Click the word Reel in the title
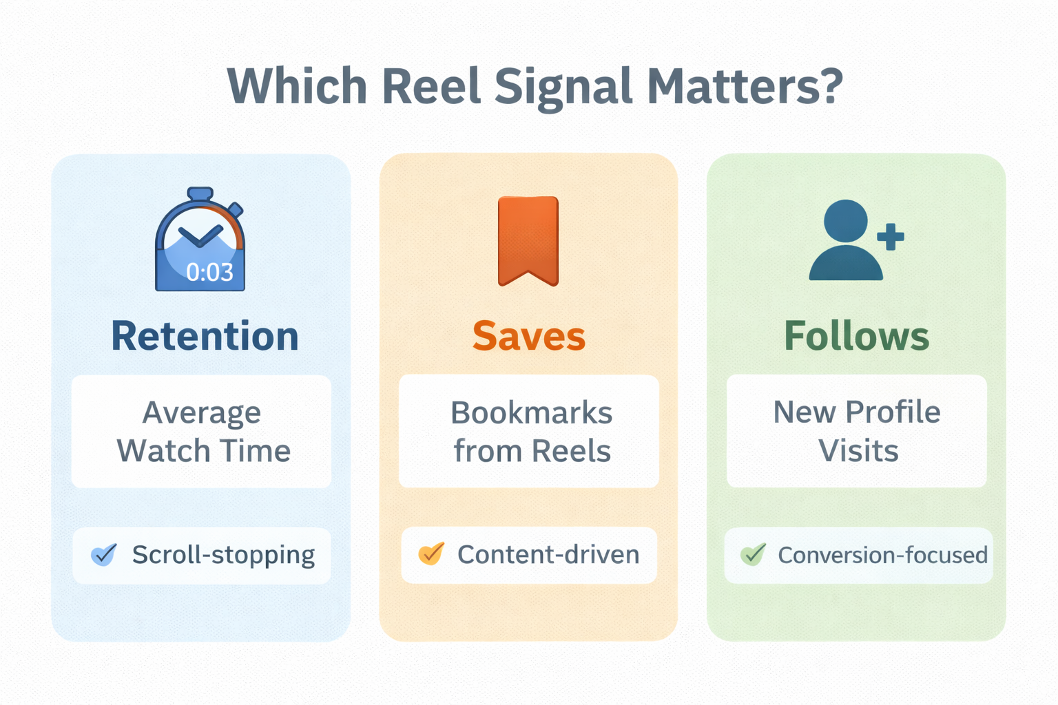point(431,86)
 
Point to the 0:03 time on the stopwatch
point(209,273)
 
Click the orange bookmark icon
point(528,240)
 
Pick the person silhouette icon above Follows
point(846,240)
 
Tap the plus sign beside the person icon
point(891,237)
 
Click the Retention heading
point(205,336)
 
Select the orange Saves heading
point(529,336)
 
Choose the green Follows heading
point(857,336)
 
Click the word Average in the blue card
point(202,413)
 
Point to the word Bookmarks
point(531,413)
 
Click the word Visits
point(858,451)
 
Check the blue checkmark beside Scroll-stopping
point(104,554)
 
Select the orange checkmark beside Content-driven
point(431,554)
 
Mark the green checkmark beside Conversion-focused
point(754,554)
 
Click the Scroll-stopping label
point(223,554)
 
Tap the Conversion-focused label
point(882,555)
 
